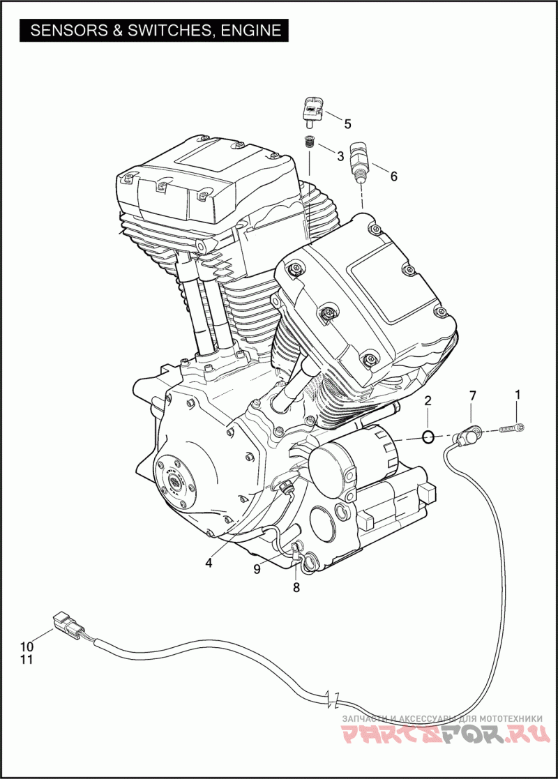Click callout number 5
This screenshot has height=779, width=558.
[x=347, y=124]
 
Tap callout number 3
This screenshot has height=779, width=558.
[x=340, y=156]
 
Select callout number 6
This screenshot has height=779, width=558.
[x=393, y=176]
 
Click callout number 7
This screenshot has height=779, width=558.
[x=472, y=396]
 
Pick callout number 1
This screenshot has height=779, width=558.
[x=517, y=395]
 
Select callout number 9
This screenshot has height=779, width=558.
[x=257, y=570]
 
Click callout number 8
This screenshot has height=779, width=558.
[x=296, y=588]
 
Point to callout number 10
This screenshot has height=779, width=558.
[x=27, y=646]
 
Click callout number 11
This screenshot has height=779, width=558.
[x=27, y=659]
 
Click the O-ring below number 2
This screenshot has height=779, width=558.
[x=428, y=438]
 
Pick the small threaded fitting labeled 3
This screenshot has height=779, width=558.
[x=310, y=144]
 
